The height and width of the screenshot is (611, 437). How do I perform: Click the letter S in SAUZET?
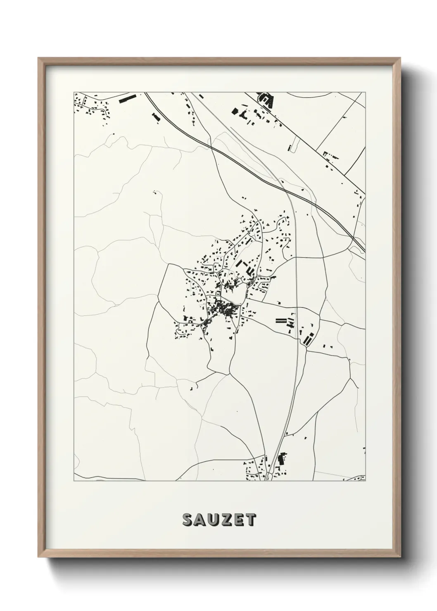[x=188, y=520]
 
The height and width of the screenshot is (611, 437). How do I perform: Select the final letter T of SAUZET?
[x=250, y=520]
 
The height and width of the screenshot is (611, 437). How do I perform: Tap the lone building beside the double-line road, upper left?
[x=156, y=117]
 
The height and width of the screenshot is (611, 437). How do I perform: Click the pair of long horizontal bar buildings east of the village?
[x=281, y=320]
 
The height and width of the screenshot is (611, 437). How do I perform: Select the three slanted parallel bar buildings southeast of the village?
[x=307, y=339]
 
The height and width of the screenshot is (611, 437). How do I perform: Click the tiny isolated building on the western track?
[x=155, y=192]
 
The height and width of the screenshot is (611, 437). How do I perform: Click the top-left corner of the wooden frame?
[x=38, y=58]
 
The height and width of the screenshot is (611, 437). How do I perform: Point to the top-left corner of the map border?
[x=74, y=92]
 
